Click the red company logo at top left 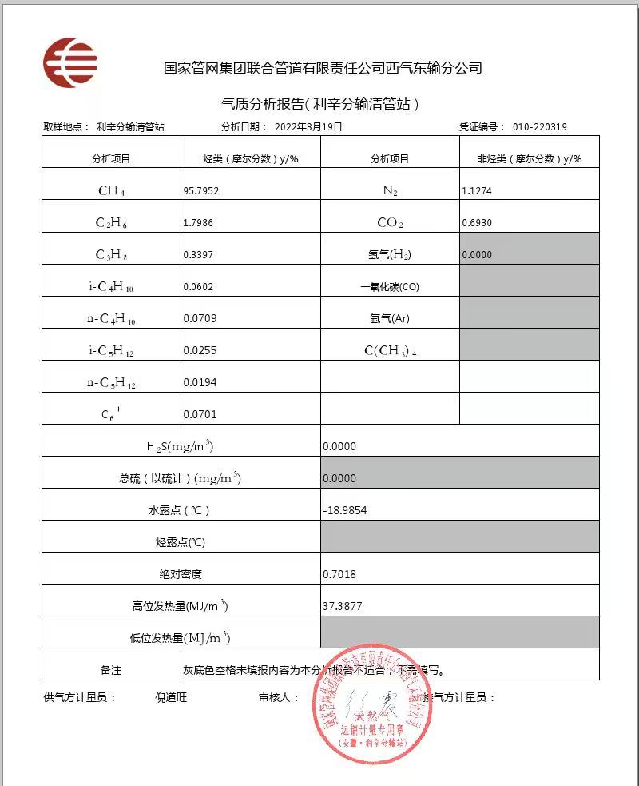point(70,62)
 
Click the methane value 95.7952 point(200,191)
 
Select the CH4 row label point(112,191)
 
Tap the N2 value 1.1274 point(477,191)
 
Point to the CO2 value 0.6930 point(477,223)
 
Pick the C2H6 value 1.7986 point(197,223)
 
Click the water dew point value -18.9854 point(344,510)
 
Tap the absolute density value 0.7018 point(339,574)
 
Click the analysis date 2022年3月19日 point(308,126)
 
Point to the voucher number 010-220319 point(540,126)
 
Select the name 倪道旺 point(171,697)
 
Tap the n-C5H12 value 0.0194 point(200,382)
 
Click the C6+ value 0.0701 point(200,414)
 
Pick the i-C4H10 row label point(112,287)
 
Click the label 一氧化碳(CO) point(390,287)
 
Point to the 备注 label point(111,670)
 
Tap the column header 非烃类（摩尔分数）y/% point(529,159)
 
